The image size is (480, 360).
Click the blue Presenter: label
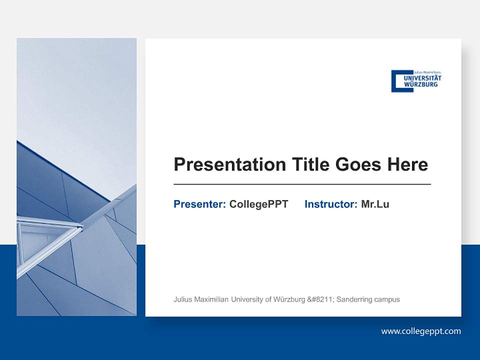point(199,204)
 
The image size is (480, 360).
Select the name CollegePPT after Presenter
point(258,204)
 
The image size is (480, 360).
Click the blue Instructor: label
point(330,204)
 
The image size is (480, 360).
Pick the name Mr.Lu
point(375,204)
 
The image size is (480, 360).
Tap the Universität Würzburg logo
point(416,81)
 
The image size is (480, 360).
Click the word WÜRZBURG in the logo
point(420,84)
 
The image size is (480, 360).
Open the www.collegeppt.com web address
point(421,331)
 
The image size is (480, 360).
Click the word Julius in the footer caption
point(182,299)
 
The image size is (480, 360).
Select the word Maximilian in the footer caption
point(210,299)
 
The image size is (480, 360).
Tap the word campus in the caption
point(388,299)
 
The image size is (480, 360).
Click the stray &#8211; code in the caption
point(321,299)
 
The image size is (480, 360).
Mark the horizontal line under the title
point(302,184)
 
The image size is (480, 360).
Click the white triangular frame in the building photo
point(45,240)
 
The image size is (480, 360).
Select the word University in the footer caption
point(247,299)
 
